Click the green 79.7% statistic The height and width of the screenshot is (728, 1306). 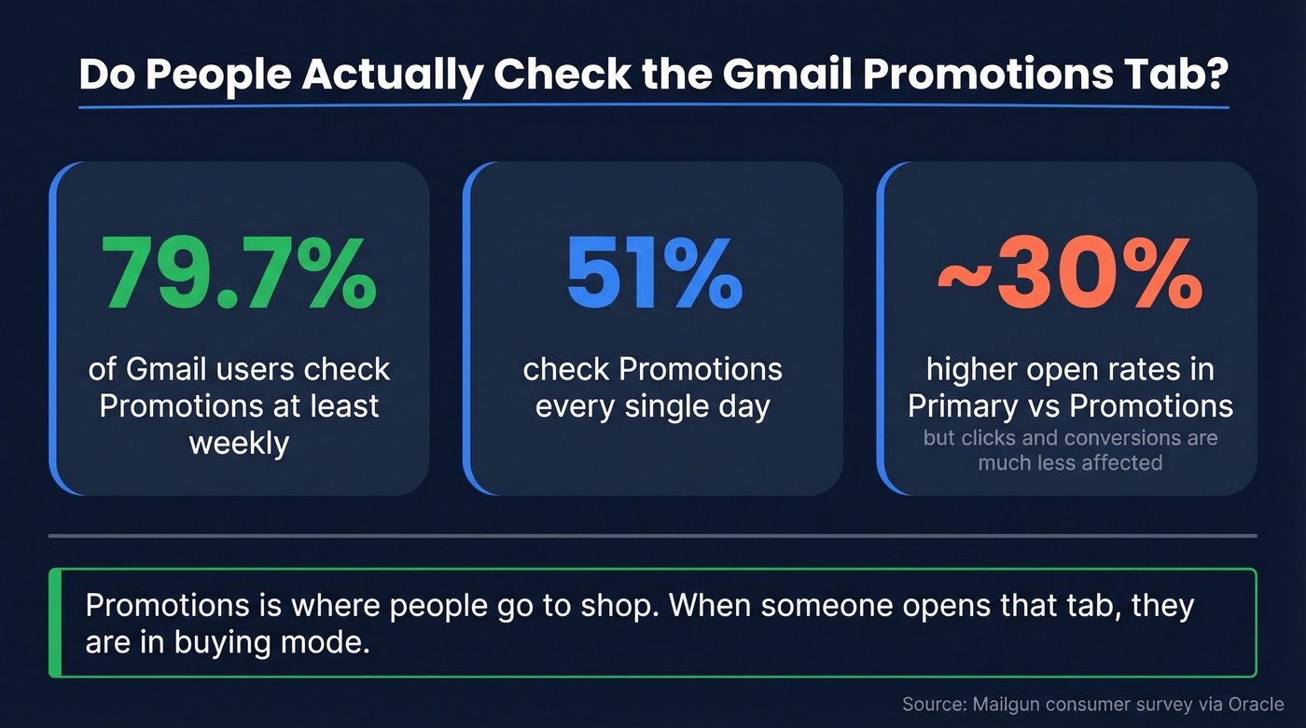coord(239,275)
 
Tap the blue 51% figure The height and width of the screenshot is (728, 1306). coord(654,275)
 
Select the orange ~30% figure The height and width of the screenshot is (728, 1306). coord(1069,275)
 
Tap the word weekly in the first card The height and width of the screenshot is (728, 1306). coord(239,442)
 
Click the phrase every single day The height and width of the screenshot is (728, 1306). coord(653,406)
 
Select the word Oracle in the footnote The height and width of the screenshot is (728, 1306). coord(1255,705)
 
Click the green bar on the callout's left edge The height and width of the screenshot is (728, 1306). coord(55,623)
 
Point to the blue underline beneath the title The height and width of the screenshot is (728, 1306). coord(653,106)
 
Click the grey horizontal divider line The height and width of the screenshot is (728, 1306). coord(653,536)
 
